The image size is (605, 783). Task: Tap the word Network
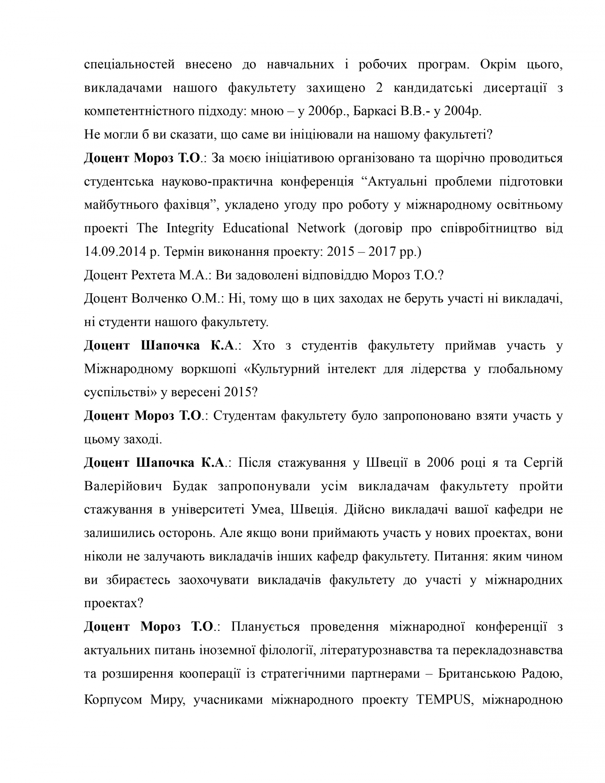pyautogui.click(x=321, y=228)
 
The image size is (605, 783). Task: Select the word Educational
pyautogui.click(x=255, y=228)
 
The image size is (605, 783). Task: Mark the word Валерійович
pyautogui.click(x=123, y=486)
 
